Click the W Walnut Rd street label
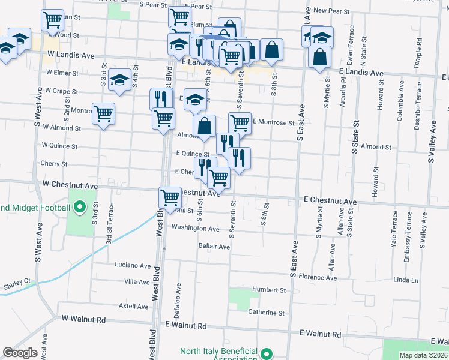(x=83, y=319)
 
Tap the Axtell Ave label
(x=134, y=307)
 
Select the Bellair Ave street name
(x=214, y=247)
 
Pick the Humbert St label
(x=268, y=290)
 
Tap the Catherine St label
(x=266, y=313)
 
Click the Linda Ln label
(x=406, y=280)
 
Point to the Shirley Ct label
(x=17, y=286)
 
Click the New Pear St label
(x=331, y=11)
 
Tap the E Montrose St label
(x=273, y=122)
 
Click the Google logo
(x=20, y=353)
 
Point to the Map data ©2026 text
(x=423, y=355)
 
